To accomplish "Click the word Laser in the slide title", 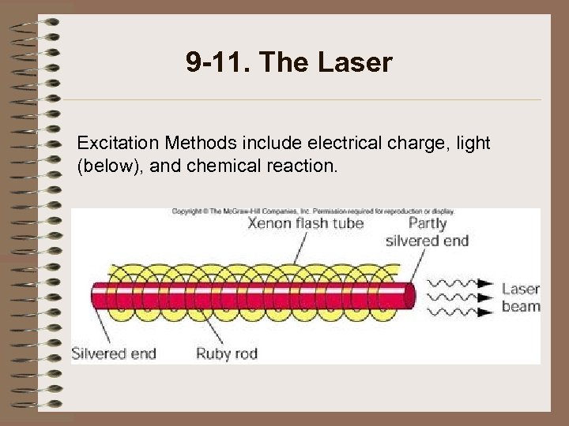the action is click(355, 62).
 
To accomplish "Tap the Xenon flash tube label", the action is click(306, 223).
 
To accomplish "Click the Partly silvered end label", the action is click(427, 232).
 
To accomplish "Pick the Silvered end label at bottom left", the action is click(114, 353).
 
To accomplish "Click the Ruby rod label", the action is click(227, 353).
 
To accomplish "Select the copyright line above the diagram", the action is click(314, 211).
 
